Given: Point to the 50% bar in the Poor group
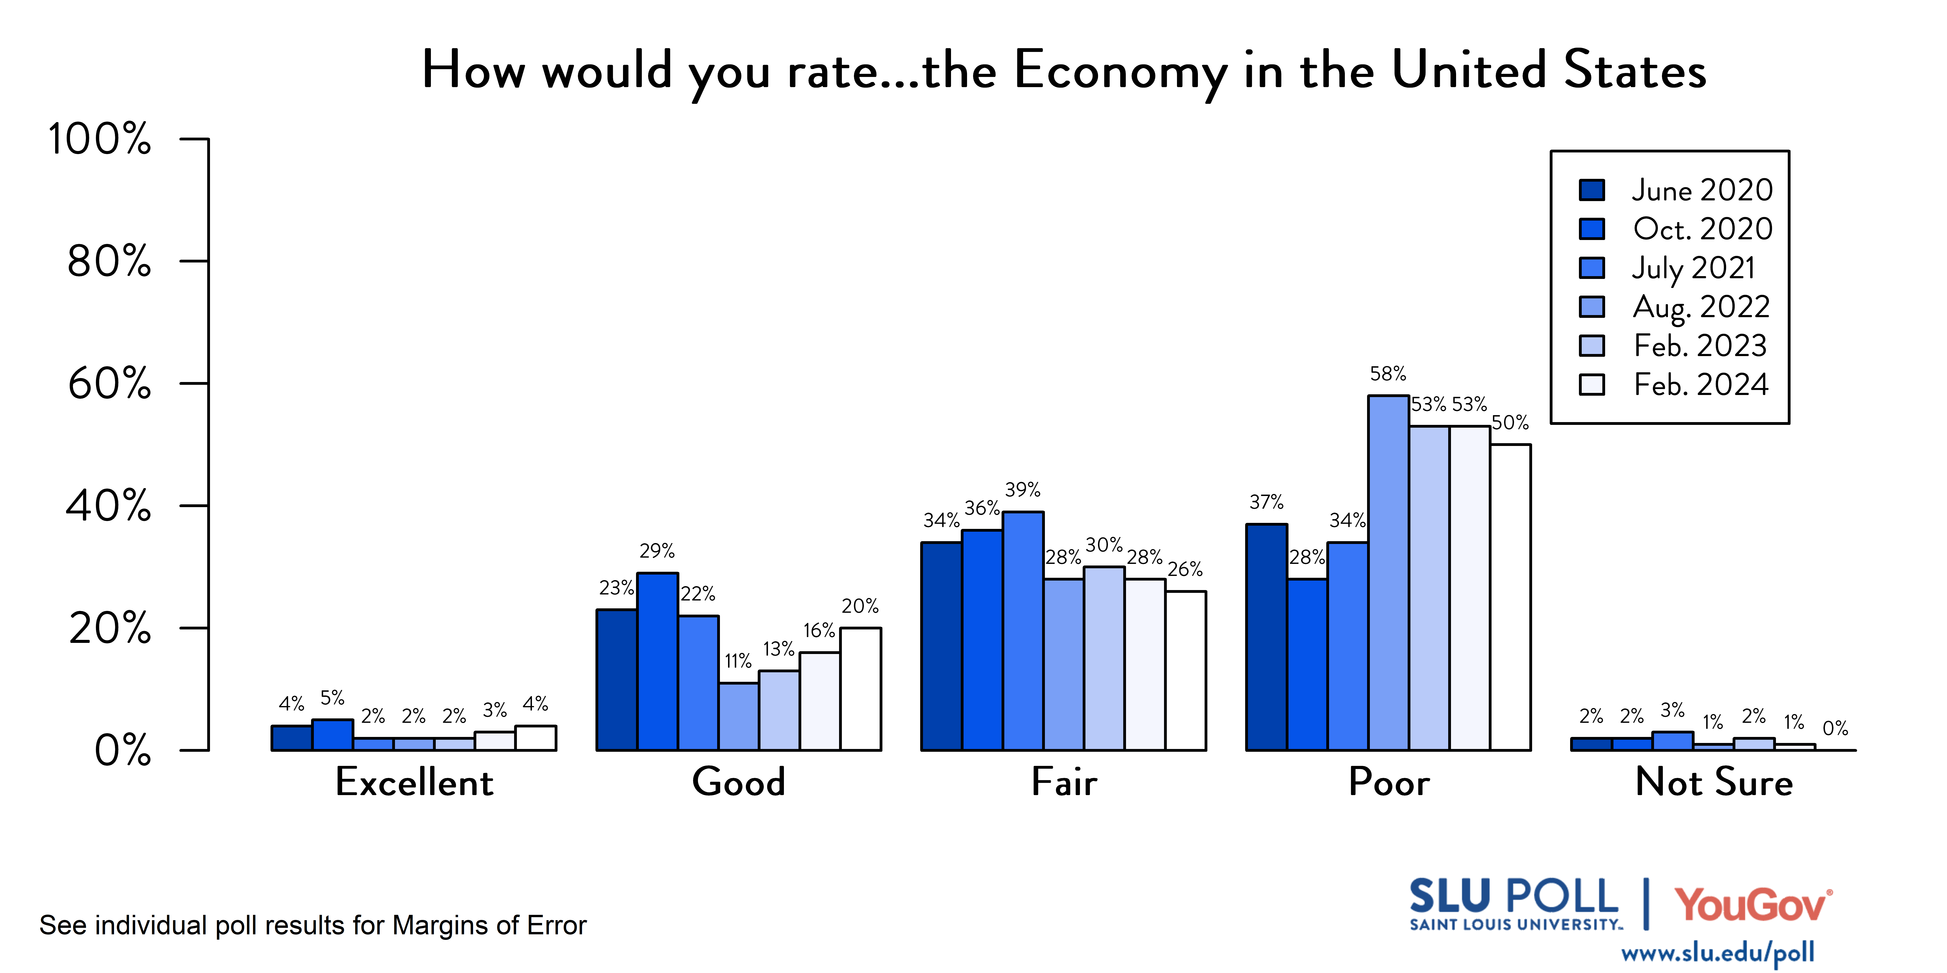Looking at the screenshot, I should coord(1510,597).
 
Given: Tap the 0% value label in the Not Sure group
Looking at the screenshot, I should coord(1835,728).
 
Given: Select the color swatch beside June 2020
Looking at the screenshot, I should coord(1592,190).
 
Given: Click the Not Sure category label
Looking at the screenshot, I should coord(1713,782).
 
